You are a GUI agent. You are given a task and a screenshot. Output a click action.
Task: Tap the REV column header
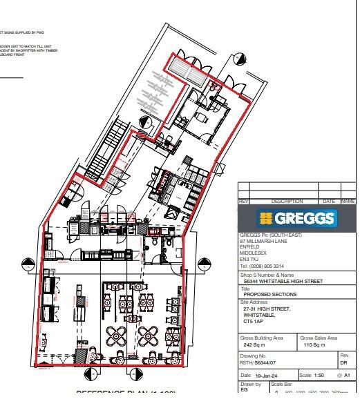(243, 201)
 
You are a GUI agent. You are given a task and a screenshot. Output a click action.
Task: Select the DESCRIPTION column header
(283, 201)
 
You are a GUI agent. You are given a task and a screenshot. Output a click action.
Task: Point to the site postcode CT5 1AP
(253, 321)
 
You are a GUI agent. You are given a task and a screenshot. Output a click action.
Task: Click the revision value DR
(344, 362)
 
